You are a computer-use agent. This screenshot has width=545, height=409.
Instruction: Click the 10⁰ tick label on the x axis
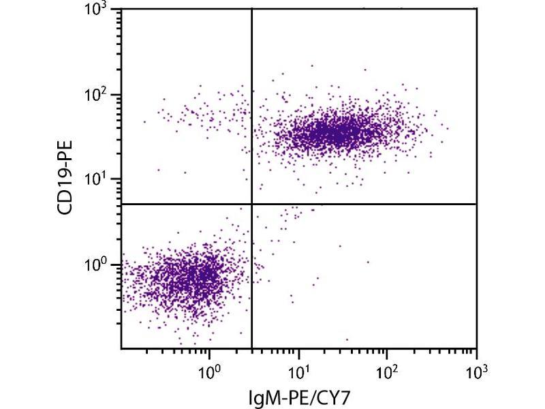(209, 373)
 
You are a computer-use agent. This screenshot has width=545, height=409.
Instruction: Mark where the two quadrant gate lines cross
(252, 204)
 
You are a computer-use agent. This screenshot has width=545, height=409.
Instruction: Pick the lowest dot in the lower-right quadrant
(347, 339)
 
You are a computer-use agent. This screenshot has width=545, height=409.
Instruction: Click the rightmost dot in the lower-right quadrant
(368, 262)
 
